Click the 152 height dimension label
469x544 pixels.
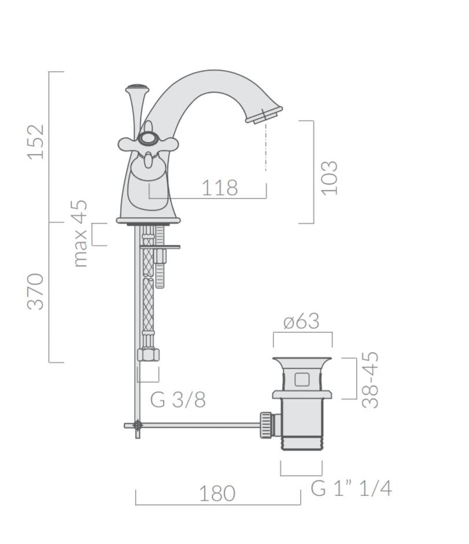click(36, 142)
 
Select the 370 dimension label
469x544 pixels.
click(36, 292)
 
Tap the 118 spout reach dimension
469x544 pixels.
click(220, 188)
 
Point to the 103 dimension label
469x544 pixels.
click(329, 178)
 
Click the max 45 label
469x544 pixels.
click(80, 233)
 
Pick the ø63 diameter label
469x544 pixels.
click(301, 321)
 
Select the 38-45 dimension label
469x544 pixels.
click(370, 380)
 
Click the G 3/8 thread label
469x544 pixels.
click(178, 400)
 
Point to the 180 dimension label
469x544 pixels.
click(217, 493)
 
